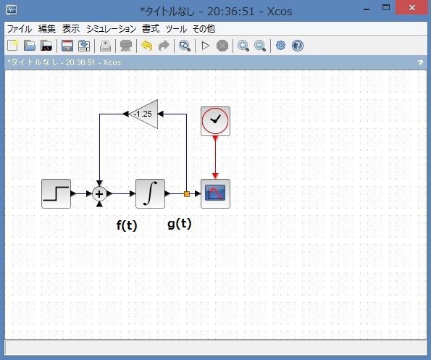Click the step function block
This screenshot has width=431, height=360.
pos(56,193)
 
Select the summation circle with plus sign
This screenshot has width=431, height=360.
pos(99,194)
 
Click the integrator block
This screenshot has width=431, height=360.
pos(150,193)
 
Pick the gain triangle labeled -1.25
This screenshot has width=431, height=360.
pos(143,114)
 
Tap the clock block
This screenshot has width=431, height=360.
pos(215,121)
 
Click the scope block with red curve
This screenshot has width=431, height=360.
pos(215,193)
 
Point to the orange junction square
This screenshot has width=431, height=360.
pos(187,194)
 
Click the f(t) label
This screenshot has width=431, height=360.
pos(127,225)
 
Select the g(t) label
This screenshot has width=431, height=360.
pos(179,224)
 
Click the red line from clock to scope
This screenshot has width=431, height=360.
pos(215,157)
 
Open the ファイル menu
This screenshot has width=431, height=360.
pos(20,28)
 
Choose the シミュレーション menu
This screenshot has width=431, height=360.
pos(111,28)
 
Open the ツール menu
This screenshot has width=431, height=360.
pos(176,28)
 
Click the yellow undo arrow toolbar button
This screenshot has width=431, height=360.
pos(147,46)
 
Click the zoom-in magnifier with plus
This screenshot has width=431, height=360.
pos(243,46)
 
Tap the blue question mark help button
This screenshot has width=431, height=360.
pos(298,46)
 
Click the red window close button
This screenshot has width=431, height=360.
pos(411,8)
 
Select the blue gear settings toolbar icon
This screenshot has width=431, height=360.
pos(280,46)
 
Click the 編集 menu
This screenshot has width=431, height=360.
pos(47,28)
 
